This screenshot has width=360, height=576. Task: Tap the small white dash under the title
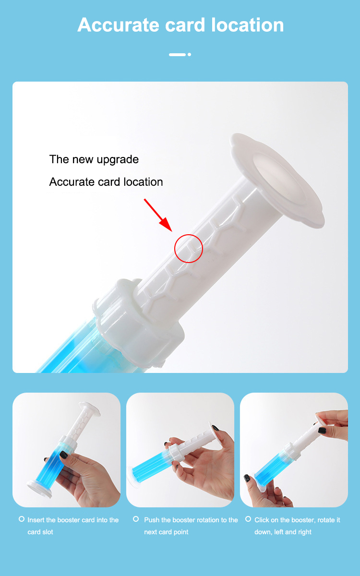pos(177,55)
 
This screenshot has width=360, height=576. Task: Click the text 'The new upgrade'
pos(94,159)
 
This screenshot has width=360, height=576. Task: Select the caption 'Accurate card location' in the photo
pos(106,182)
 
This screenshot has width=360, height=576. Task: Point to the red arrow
pos(158,214)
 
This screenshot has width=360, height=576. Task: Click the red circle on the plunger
pos(189,249)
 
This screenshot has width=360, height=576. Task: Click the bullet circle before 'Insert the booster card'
pos(22,519)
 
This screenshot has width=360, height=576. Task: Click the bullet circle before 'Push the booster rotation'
pos(136,519)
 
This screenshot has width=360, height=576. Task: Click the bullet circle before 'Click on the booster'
pos(248,519)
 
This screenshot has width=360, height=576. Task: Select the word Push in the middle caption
pos(152,520)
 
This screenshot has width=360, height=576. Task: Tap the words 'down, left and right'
pos(283,532)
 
